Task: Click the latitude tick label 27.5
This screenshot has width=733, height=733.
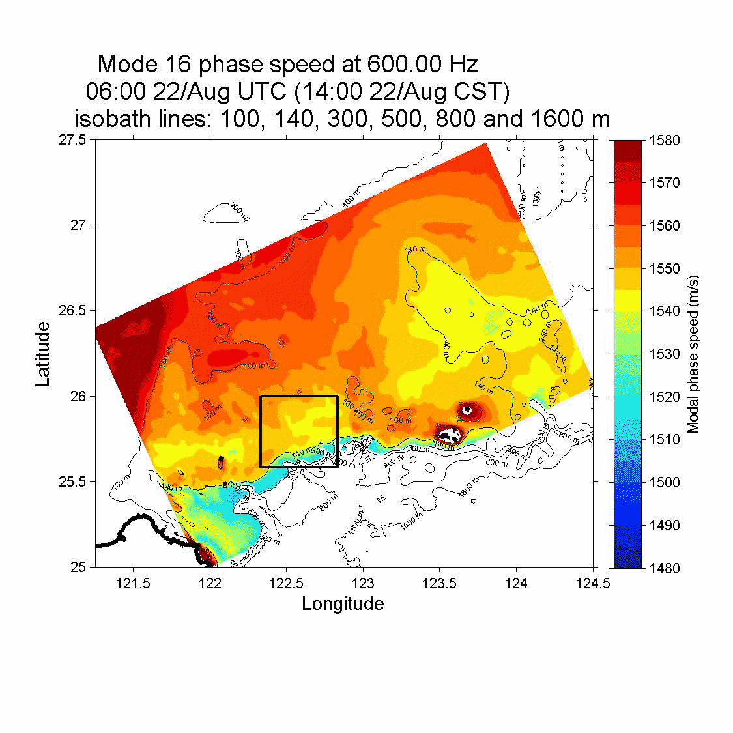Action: click(x=72, y=140)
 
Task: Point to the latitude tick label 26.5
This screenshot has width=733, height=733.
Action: click(x=72, y=311)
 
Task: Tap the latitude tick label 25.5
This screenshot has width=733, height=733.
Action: click(x=72, y=482)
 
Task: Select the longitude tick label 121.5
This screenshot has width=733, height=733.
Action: click(x=134, y=583)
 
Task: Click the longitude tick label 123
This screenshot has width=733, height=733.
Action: click(x=363, y=583)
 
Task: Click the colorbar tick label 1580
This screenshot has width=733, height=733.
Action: click(x=664, y=140)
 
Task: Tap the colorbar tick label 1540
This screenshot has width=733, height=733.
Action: click(x=664, y=311)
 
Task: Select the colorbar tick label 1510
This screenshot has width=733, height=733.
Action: click(x=664, y=440)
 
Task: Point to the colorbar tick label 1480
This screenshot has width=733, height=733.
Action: click(x=664, y=568)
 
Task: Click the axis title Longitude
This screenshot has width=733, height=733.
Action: click(x=343, y=604)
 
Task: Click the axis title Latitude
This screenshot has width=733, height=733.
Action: click(x=43, y=354)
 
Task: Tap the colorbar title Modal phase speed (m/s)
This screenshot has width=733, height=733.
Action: click(x=693, y=354)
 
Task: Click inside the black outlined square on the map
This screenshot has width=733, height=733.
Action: click(x=298, y=431)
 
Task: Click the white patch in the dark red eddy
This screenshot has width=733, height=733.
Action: click(x=448, y=433)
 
